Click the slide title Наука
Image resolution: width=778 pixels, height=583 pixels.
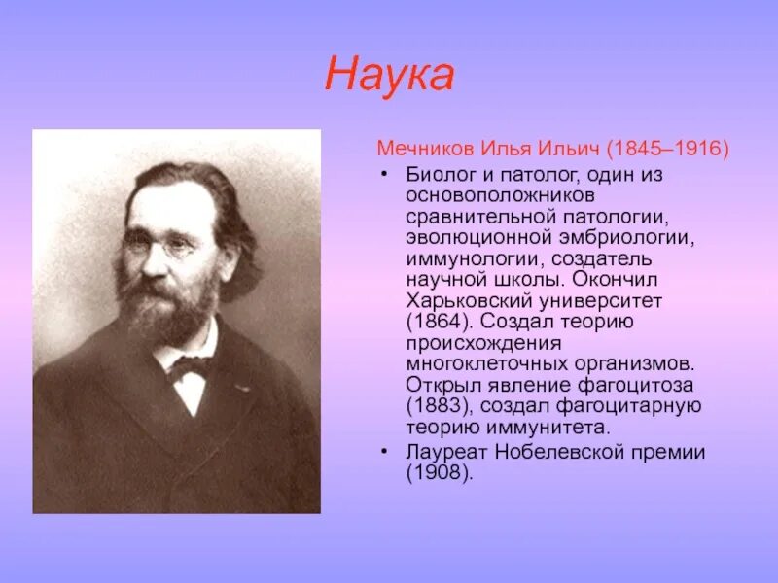[x=389, y=76]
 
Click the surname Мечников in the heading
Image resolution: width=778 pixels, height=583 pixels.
[x=424, y=151]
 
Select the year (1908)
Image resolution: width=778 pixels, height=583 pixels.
[x=437, y=473]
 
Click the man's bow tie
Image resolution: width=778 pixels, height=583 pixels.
[x=192, y=367]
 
